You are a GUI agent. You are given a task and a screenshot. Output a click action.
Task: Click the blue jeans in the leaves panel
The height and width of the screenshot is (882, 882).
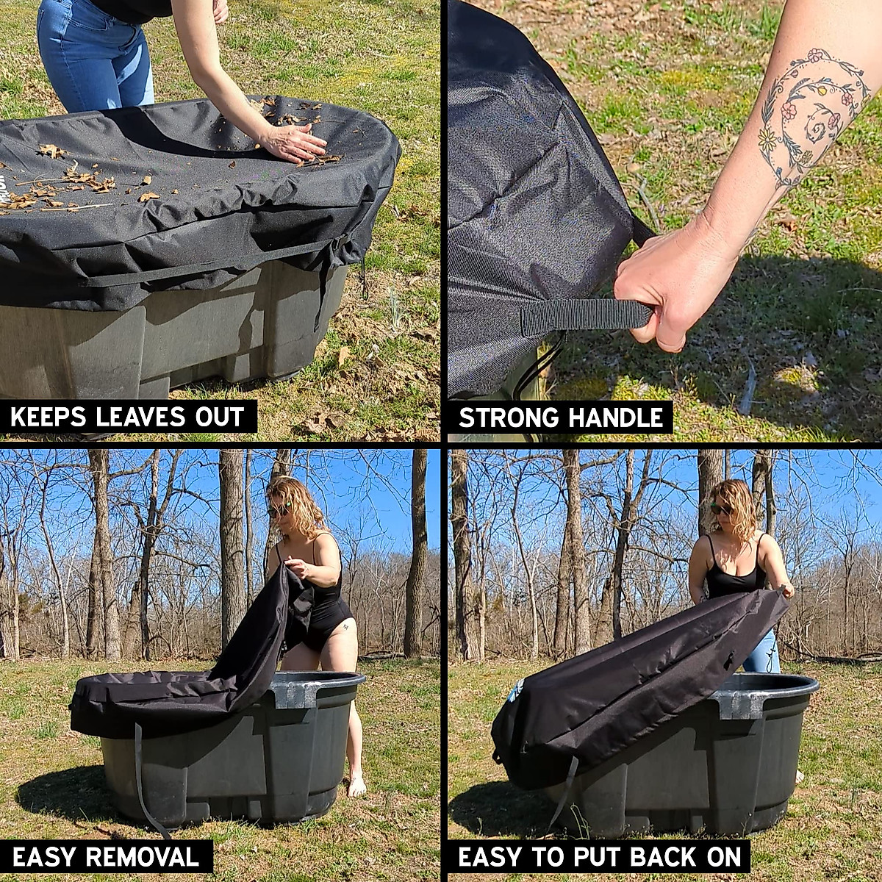[88, 59]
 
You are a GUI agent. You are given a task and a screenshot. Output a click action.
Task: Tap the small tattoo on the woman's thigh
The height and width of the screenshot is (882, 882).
[343, 626]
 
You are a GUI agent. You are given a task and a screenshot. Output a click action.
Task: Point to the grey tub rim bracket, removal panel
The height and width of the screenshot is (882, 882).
[294, 693]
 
